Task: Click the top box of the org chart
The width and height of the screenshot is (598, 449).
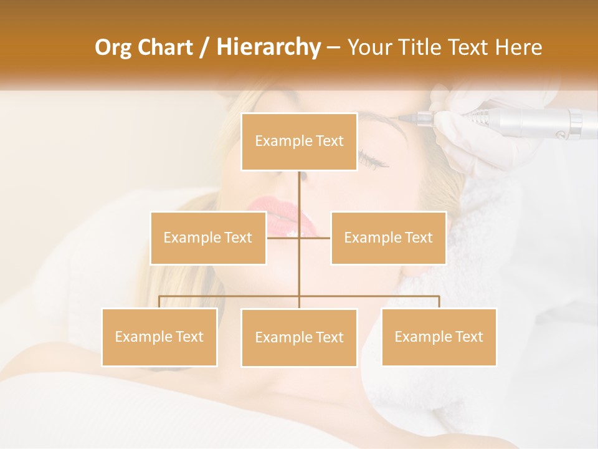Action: pos(299,142)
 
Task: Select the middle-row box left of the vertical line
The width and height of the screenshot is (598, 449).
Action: pos(208,238)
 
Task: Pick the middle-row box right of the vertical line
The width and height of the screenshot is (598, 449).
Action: pos(388,238)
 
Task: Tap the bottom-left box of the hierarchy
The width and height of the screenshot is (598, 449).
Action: pos(159,337)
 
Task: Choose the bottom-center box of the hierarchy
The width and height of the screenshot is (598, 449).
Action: pos(299,337)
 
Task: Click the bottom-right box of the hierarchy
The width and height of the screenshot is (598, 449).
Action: pos(439,337)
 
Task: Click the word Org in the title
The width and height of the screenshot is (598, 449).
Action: pos(113,47)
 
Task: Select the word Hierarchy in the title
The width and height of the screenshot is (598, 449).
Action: pos(268,47)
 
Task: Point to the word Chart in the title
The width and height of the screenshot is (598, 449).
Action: pos(164,47)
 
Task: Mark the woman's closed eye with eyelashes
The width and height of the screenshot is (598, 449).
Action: pos(372,159)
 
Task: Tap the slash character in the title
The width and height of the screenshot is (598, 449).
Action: pos(204,47)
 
